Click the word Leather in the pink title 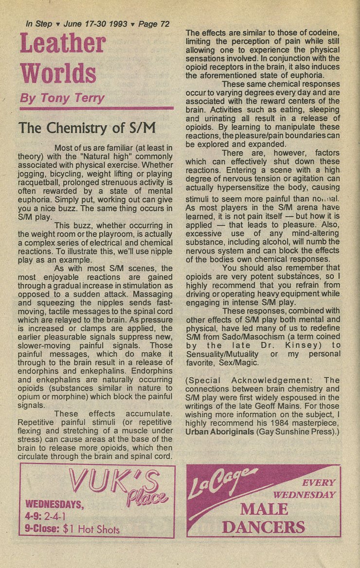[62, 44]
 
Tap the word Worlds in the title [58, 73]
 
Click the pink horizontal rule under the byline [96, 108]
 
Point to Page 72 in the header [154, 24]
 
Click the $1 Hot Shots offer [91, 529]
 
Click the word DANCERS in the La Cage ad [263, 527]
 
